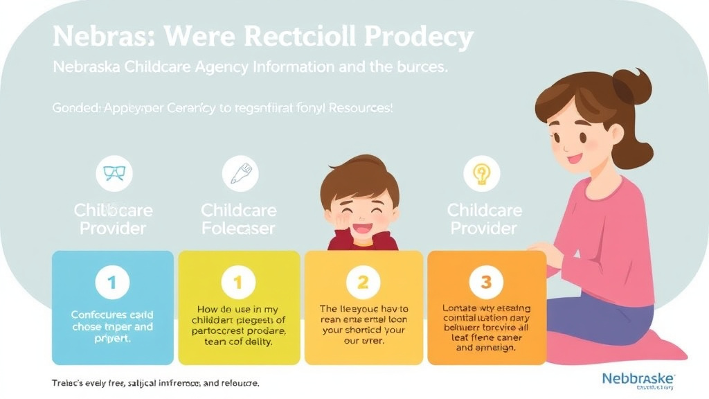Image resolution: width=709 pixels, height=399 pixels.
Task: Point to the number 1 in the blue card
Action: [113, 282]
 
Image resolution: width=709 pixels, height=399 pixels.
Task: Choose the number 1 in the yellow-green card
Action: [237, 282]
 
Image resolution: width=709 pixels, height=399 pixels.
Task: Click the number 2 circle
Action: [363, 282]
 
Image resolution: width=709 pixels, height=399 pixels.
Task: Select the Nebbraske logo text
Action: [638, 379]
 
